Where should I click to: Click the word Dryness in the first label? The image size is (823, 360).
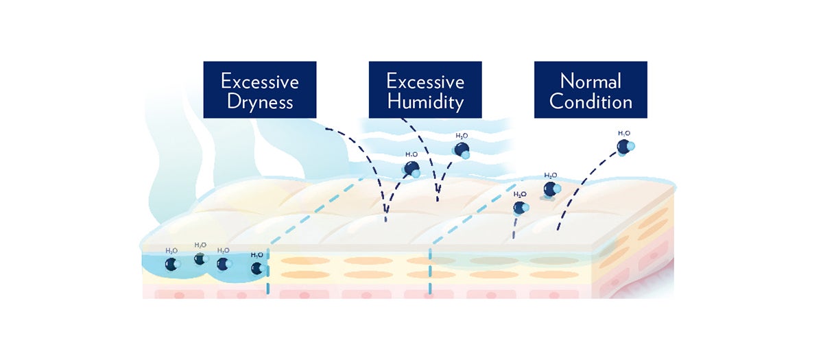(259, 102)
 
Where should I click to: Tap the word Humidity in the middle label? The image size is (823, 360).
(425, 102)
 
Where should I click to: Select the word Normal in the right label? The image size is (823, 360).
(591, 81)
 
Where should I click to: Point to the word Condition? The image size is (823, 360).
(591, 102)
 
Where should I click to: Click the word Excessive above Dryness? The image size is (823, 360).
(259, 81)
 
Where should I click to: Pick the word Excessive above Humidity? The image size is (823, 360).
(425, 81)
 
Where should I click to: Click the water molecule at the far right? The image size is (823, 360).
(625, 146)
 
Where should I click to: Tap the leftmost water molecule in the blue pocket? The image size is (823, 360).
(171, 264)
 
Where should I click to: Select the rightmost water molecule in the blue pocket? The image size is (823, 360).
(257, 268)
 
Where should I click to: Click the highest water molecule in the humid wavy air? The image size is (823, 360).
(462, 149)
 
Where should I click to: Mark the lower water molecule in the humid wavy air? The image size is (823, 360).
(412, 169)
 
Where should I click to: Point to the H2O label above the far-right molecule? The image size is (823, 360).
(624, 133)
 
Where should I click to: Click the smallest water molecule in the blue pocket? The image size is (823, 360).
(200, 259)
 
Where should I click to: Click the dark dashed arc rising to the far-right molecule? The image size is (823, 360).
(583, 185)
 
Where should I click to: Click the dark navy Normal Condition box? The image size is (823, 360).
(591, 89)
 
